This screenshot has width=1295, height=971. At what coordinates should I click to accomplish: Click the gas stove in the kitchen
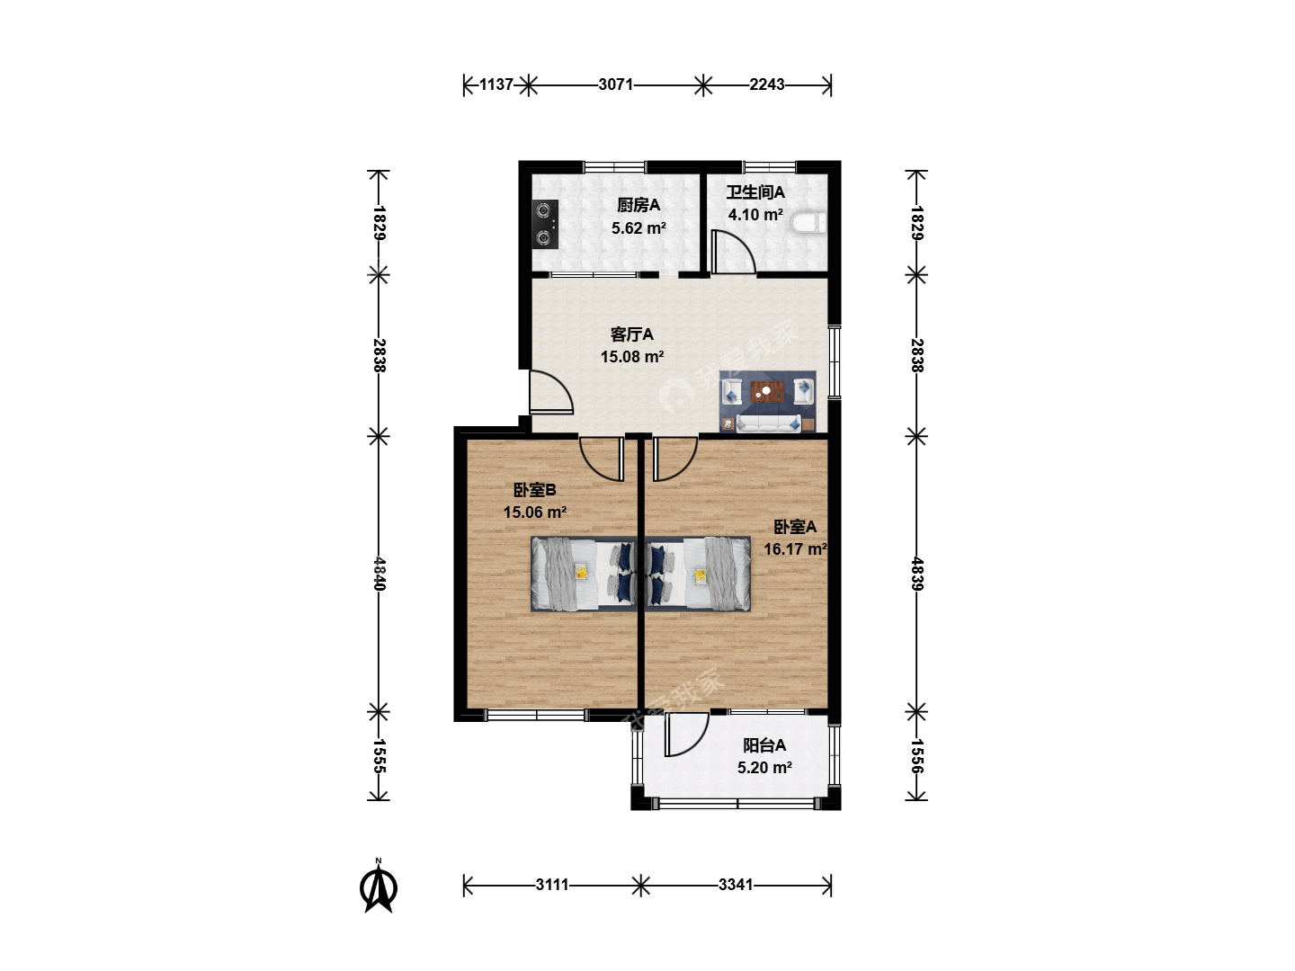(x=545, y=224)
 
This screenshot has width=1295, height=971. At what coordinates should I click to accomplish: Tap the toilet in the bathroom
(x=808, y=224)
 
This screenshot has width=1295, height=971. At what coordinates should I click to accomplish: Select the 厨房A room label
(x=639, y=205)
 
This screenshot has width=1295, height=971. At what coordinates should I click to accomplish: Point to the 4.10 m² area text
(x=755, y=215)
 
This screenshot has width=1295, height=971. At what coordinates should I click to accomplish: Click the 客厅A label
(x=632, y=334)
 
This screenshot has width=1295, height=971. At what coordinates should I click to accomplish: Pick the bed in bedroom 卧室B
(x=584, y=574)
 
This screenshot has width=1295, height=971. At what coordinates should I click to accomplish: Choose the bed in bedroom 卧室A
(x=698, y=574)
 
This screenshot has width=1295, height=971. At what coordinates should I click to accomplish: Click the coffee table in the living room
(x=767, y=391)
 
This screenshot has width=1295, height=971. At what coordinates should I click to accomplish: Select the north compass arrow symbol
(x=379, y=886)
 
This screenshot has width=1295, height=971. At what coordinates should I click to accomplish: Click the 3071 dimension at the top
(x=615, y=85)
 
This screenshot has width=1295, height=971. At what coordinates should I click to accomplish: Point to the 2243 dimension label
(x=767, y=85)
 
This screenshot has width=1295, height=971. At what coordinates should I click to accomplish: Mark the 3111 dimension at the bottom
(x=552, y=885)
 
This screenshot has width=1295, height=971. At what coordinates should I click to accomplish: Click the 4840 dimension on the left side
(x=379, y=574)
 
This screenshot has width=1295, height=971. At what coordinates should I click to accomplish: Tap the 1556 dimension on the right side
(x=916, y=756)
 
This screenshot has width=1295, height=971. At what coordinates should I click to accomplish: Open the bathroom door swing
(x=734, y=253)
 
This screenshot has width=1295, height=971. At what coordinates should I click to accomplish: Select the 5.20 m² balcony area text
(x=764, y=768)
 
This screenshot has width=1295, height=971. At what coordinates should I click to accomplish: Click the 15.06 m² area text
(x=535, y=512)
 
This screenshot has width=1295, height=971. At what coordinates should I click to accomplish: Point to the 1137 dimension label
(x=496, y=85)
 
